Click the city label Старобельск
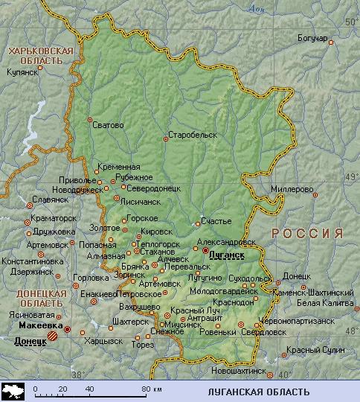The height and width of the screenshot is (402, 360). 192,135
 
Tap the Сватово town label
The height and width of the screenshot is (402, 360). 108,125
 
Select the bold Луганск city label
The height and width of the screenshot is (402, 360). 227,255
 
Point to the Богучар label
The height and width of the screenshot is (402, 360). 312,39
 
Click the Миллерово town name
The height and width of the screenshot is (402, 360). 291,188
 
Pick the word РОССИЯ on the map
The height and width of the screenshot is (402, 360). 306,233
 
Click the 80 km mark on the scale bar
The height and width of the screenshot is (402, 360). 149,389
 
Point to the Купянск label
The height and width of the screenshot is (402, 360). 22,73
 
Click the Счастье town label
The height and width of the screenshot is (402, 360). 216,221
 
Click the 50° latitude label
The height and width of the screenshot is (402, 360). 351,23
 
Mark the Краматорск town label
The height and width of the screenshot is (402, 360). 54,218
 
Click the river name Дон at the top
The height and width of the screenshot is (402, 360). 257,8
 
